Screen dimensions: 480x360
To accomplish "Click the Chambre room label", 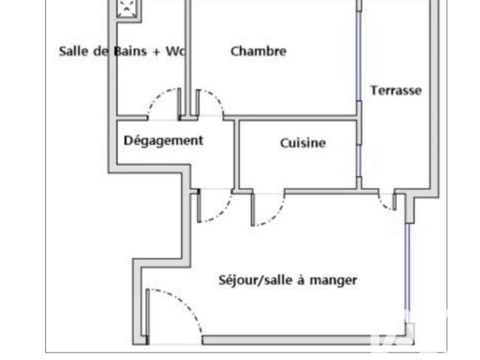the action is [258, 51].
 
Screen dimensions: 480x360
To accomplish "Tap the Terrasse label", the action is [396, 90].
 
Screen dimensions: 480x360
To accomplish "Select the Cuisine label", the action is [303, 143].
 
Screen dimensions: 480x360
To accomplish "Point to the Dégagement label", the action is [163, 140].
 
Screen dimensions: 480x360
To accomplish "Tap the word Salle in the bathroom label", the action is [73, 51].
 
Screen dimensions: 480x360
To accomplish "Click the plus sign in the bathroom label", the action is [157, 52].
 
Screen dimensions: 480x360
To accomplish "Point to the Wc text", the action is [176, 51].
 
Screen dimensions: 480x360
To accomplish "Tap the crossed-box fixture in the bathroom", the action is [127, 8].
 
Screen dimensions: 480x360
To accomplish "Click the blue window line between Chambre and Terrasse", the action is [358, 56].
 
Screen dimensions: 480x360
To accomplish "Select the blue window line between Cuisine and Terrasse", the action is [358, 160].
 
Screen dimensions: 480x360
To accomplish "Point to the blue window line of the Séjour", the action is [407, 273].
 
